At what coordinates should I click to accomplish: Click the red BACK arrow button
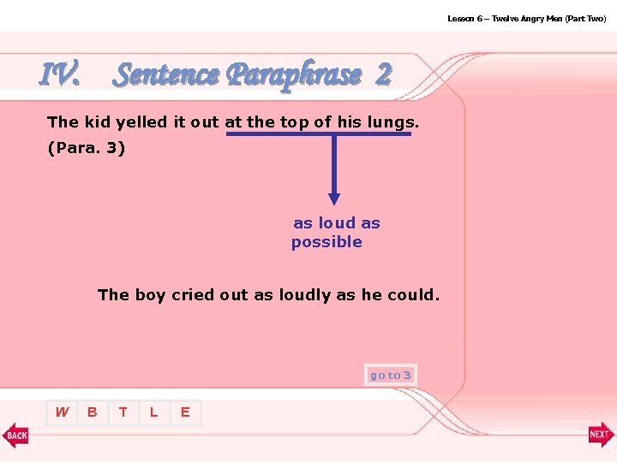[x=15, y=435]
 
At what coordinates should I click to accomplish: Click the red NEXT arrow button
[x=601, y=435]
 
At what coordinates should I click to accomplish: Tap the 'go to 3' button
[x=390, y=375]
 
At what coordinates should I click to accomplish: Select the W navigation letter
[x=62, y=412]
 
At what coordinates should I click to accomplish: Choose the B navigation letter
[x=93, y=412]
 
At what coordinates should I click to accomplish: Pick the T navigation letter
[x=123, y=412]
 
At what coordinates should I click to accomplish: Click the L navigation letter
[x=153, y=412]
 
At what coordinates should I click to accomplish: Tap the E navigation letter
[x=184, y=412]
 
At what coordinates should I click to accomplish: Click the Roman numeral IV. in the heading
[x=60, y=75]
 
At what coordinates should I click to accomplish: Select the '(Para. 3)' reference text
[x=87, y=148]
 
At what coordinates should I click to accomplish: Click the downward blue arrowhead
[x=334, y=198]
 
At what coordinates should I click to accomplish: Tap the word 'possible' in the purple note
[x=326, y=242]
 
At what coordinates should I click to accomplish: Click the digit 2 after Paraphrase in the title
[x=382, y=75]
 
